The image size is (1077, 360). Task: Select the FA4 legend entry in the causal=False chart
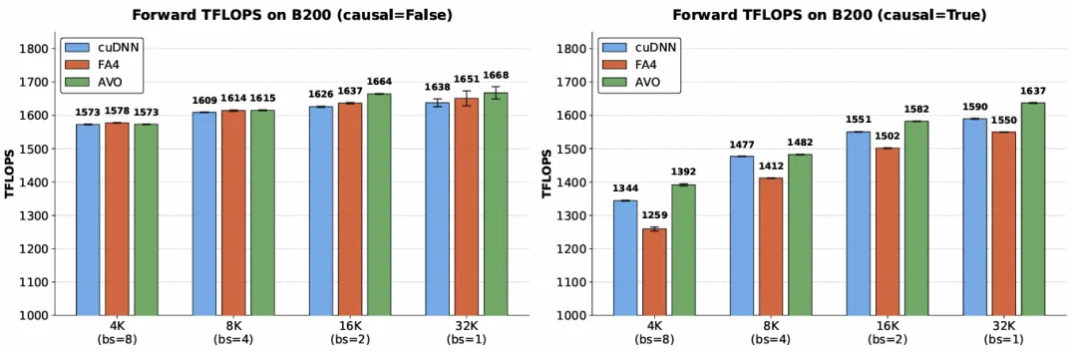pos(96,66)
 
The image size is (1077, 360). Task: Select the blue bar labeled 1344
pos(625,257)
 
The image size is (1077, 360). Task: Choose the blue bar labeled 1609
pos(204,213)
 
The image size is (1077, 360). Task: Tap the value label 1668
pos(496,75)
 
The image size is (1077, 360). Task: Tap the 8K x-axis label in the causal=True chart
pos(771,326)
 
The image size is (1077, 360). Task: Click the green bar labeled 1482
pos(800,235)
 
